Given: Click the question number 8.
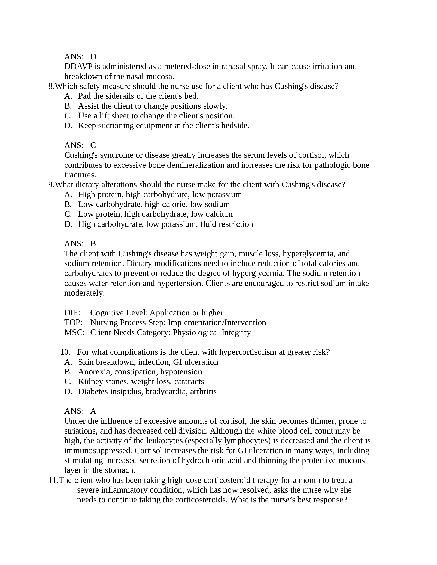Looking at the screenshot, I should tap(51, 86).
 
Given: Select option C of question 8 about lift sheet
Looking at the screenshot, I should tap(156, 116).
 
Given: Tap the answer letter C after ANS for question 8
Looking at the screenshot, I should tap(93, 145).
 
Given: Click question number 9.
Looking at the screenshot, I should tap(51, 185).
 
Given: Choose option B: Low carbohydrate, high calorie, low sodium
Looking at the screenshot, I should tap(154, 204).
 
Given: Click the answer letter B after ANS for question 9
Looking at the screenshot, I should tap(93, 244).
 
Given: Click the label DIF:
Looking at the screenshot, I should tap(72, 313).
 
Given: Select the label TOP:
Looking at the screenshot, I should tap(73, 323).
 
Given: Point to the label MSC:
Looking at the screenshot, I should tap(74, 332).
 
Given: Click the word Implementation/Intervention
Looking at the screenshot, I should tap(217, 323).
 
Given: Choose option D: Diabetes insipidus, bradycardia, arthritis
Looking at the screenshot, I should tap(147, 391).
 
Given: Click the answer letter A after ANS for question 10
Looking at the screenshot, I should tap(93, 411).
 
